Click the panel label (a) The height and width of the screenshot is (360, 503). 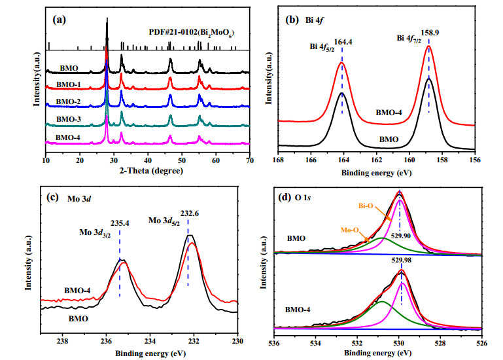click(59, 20)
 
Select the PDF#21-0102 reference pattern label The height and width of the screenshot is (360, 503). click(192, 33)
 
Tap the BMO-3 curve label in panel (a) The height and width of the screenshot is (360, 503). click(69, 120)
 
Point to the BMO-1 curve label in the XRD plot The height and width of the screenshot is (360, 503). click(68, 85)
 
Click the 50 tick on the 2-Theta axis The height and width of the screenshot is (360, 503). click(182, 160)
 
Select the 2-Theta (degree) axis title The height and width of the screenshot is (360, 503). click(151, 171)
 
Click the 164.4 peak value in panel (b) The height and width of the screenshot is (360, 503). click(343, 42)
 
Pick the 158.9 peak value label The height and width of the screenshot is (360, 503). click(430, 33)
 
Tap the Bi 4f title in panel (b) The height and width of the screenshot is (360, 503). click(315, 20)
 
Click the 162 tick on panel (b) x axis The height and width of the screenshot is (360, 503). click(376, 160)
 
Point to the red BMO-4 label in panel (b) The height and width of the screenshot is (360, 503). click(389, 113)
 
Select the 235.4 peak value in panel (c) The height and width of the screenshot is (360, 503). click(120, 223)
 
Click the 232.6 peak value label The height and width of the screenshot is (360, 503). click(189, 213)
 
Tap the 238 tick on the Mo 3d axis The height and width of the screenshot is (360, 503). click(63, 342)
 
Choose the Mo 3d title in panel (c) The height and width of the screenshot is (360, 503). click(79, 199)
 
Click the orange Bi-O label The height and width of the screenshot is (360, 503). click(366, 206)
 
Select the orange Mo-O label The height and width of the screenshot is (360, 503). click(350, 230)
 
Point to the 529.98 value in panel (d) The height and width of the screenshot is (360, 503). click(402, 261)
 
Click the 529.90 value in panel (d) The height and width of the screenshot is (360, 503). click(401, 236)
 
